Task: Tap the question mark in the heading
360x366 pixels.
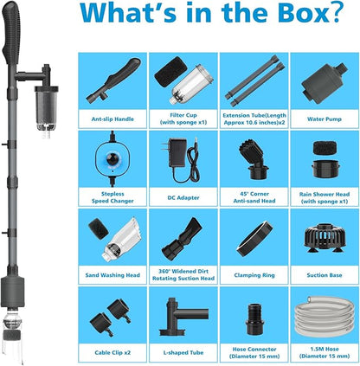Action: click(x=337, y=11)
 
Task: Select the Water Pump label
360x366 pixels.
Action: click(x=325, y=119)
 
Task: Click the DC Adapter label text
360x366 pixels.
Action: click(x=183, y=197)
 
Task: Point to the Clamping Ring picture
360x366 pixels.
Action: click(x=254, y=238)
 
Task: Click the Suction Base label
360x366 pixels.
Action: click(x=325, y=275)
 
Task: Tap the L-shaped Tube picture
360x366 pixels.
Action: click(x=183, y=317)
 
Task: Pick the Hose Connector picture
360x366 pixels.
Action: click(x=254, y=318)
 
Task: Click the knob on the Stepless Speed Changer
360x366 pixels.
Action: click(x=112, y=158)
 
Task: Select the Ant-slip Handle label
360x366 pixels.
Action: click(x=112, y=119)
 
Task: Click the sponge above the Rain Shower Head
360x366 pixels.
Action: click(x=325, y=148)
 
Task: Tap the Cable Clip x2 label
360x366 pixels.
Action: click(x=112, y=352)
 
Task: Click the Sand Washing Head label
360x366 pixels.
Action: click(x=112, y=275)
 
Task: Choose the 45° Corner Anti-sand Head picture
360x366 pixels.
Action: click(x=254, y=158)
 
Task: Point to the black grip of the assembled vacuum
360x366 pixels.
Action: click(x=11, y=33)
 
